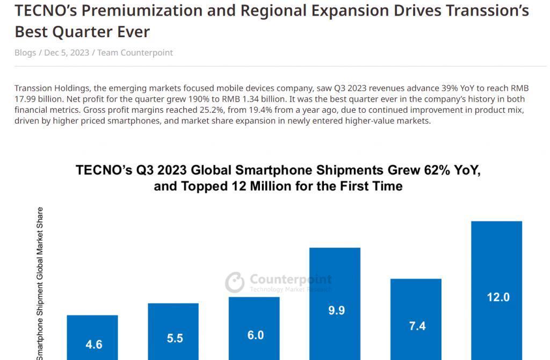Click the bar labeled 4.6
point(92,337)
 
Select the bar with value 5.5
point(173,332)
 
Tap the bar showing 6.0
point(254,328)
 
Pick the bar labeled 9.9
point(335,304)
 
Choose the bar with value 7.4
point(416,319)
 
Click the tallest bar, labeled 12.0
point(497,291)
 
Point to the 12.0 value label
point(498,297)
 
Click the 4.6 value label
point(94,344)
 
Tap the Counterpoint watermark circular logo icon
point(235,282)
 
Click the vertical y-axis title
point(40,284)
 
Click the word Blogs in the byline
point(25,53)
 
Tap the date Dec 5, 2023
point(67,53)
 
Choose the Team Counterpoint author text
point(135,53)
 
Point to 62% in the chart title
point(437,170)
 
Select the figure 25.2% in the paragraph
point(212,110)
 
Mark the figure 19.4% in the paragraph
point(260,110)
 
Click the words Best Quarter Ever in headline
point(82,32)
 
